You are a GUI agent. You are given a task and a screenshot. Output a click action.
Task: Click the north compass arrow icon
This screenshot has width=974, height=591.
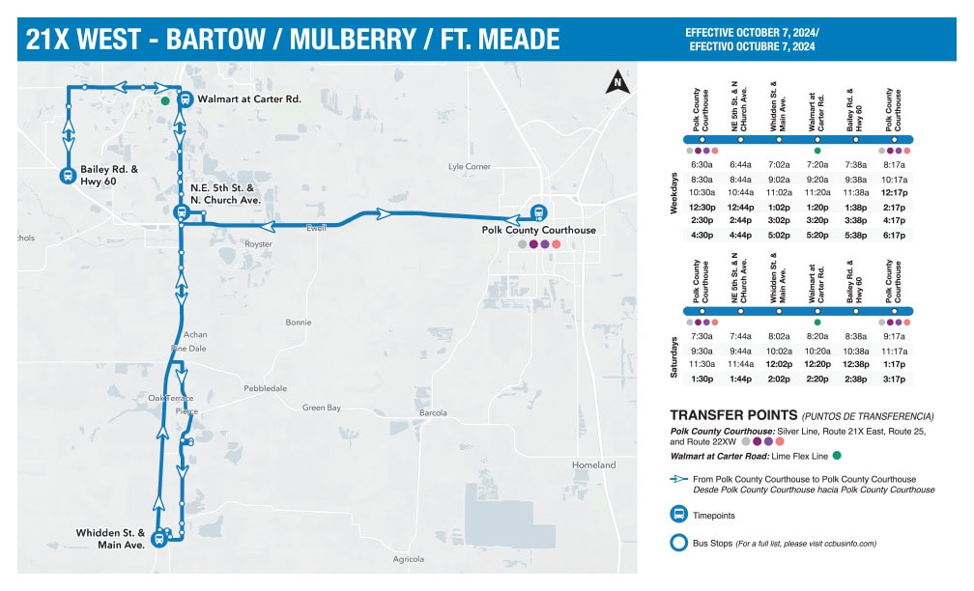[615, 85]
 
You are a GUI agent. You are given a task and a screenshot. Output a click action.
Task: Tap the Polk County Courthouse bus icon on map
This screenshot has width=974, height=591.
[538, 213]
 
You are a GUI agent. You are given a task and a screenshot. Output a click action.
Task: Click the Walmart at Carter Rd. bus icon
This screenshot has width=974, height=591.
[184, 98]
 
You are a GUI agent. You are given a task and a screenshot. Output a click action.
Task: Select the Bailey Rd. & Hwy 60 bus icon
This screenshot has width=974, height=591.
[69, 175]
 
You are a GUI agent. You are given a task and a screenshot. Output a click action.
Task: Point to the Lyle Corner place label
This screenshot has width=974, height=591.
[470, 166]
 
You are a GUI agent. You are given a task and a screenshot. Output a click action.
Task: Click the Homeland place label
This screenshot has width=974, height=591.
[593, 465]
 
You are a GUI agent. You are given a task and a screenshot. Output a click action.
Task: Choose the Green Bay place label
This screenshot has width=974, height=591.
[322, 408]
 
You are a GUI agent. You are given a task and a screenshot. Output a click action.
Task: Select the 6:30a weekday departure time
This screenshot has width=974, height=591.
[702, 164]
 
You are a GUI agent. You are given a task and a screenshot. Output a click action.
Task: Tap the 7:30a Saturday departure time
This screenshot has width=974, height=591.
[702, 336]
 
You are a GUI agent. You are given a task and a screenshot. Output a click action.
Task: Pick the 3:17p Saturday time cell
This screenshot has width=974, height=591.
[896, 379]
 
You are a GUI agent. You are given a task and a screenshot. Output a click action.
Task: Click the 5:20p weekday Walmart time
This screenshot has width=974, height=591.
[817, 235]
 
